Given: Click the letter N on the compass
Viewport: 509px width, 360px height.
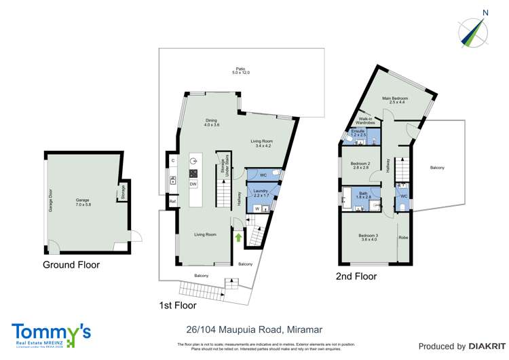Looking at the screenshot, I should [x=485, y=12].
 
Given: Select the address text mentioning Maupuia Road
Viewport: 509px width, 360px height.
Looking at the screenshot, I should [x=254, y=330].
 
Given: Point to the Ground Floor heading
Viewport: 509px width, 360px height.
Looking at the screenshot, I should [x=71, y=265].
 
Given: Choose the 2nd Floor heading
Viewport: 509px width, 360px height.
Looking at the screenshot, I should [x=356, y=276].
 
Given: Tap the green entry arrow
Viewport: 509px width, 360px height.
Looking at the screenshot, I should [x=238, y=237].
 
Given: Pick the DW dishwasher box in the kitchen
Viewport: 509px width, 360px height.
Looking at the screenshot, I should [x=193, y=184].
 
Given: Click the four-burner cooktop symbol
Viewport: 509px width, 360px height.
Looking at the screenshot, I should [x=193, y=173].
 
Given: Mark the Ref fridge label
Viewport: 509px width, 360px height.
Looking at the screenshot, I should [x=172, y=202].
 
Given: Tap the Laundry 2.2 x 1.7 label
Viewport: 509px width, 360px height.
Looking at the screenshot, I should [x=261, y=194].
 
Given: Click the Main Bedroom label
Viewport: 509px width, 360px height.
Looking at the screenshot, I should [x=394, y=100].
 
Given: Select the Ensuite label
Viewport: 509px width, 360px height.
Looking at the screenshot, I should [x=358, y=133].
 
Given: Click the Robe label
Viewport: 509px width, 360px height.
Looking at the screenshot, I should [x=403, y=238].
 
